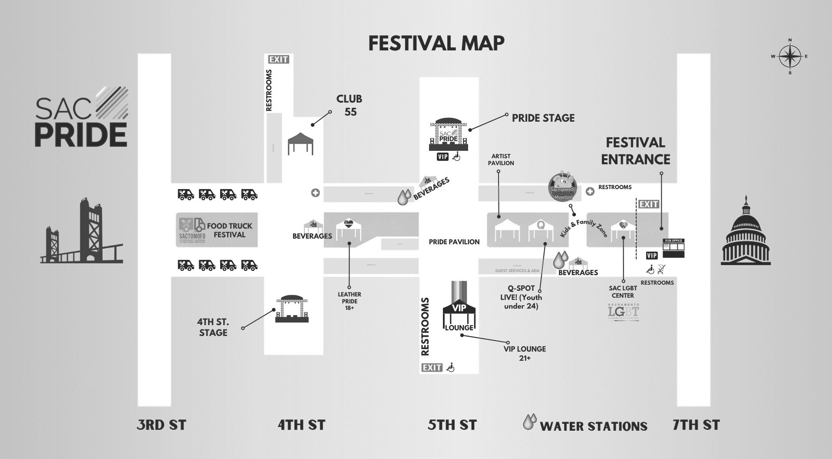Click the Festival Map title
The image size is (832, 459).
[436, 43]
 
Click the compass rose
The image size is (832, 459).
[790, 57]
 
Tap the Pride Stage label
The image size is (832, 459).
[543, 118]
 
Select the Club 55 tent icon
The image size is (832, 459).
[300, 143]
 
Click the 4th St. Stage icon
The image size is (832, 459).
[292, 309]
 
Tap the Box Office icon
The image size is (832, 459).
[673, 248]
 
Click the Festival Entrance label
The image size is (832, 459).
[635, 151]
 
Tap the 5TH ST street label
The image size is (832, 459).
[452, 425]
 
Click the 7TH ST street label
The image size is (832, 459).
[696, 425]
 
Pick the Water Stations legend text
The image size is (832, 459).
[593, 426]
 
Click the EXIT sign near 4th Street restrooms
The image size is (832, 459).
[278, 60]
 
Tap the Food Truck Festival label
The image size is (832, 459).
[229, 230]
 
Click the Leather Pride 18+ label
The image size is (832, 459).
[350, 301]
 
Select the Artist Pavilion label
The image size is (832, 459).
[501, 160]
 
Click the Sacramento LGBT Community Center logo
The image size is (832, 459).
[624, 313]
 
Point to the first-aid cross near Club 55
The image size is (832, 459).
[316, 193]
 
